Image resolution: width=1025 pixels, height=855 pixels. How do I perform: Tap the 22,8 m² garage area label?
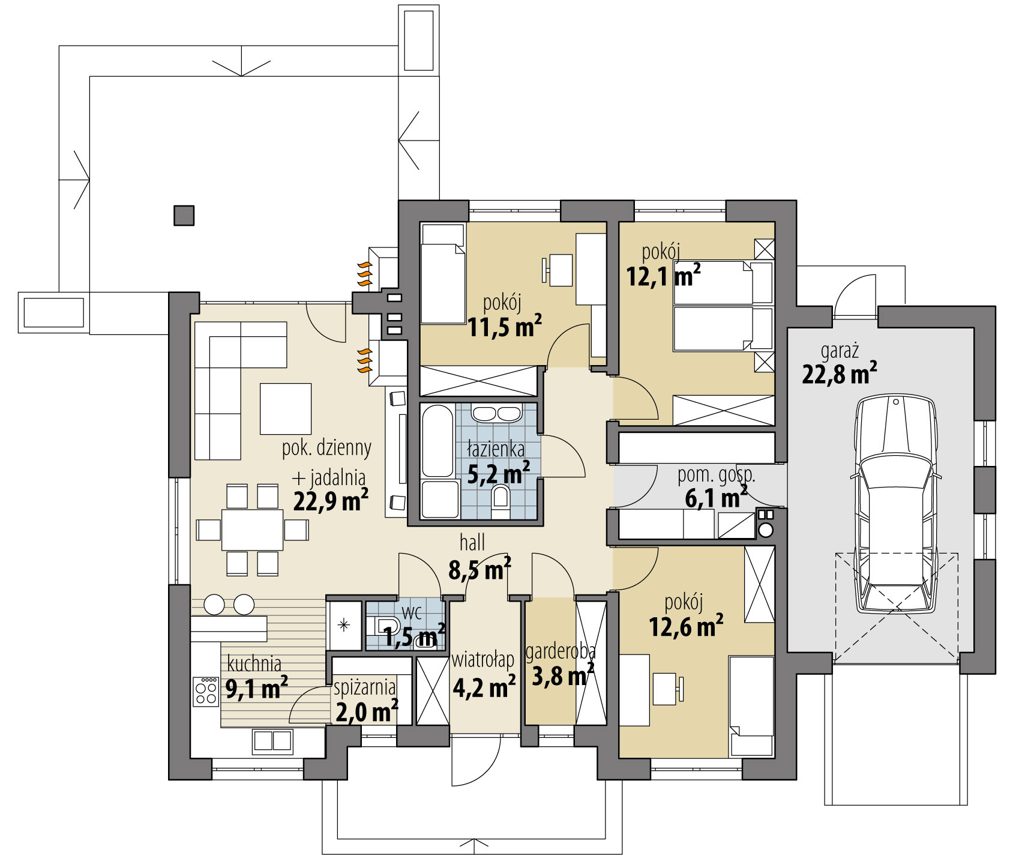(x=840, y=373)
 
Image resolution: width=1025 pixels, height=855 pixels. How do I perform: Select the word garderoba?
(x=561, y=652)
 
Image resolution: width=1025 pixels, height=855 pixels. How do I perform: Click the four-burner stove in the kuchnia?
(x=206, y=691)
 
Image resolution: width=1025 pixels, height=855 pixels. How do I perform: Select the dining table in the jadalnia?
(x=252, y=530)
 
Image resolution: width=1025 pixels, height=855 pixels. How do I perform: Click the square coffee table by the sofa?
(x=286, y=409)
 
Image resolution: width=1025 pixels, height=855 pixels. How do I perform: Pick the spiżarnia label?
(x=365, y=686)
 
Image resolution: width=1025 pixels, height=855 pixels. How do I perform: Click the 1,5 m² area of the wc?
(x=414, y=636)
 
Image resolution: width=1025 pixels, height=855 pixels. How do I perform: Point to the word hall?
(x=472, y=543)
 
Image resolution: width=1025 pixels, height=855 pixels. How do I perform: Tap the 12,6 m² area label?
(x=686, y=626)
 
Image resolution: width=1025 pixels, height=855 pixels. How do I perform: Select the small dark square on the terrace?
(x=184, y=216)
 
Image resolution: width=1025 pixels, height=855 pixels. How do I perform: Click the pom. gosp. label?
(x=717, y=476)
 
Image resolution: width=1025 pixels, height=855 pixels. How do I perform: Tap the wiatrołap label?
(x=483, y=660)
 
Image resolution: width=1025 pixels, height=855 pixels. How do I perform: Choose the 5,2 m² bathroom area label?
(x=499, y=474)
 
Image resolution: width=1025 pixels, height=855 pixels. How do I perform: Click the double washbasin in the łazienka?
(x=496, y=414)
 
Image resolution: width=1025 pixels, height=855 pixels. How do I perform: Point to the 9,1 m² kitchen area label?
(x=256, y=688)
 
